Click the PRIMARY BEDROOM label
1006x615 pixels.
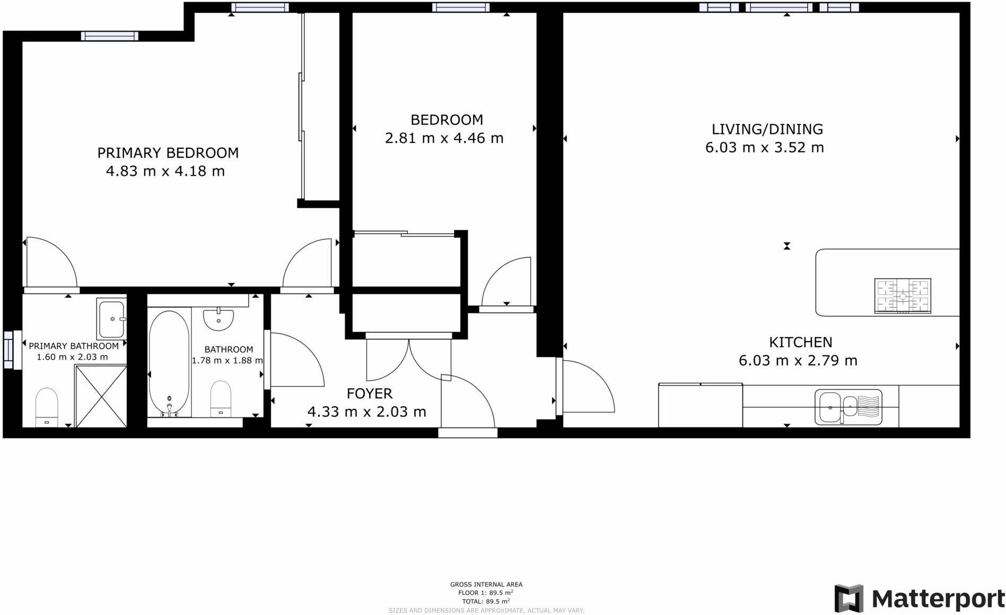point(168,153)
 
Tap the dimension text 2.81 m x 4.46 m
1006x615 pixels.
point(444,138)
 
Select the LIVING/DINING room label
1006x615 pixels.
point(767,129)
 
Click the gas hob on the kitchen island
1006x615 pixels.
point(903,296)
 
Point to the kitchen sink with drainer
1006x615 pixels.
point(848,407)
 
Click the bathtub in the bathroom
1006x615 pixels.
point(169,363)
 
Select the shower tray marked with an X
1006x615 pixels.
point(101,396)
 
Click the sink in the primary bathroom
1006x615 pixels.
point(111,319)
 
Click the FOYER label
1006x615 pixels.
point(370,394)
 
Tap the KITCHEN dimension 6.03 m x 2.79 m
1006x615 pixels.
point(798,361)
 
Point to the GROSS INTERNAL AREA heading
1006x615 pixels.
point(486,585)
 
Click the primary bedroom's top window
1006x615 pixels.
point(110,36)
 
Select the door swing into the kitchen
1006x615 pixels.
point(586,387)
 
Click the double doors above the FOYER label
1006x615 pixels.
point(408,360)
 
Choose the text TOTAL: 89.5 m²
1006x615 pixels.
point(486,601)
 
